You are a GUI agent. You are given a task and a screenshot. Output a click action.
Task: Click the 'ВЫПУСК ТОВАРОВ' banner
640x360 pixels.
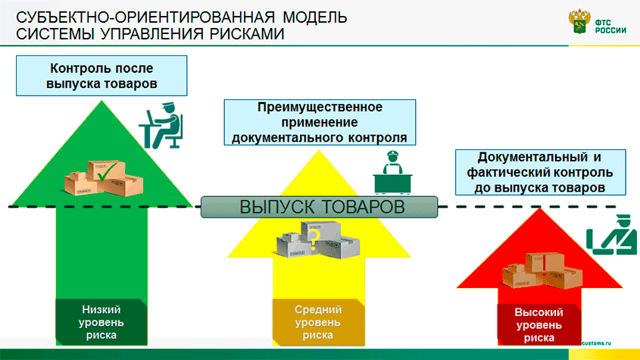(319, 206)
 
